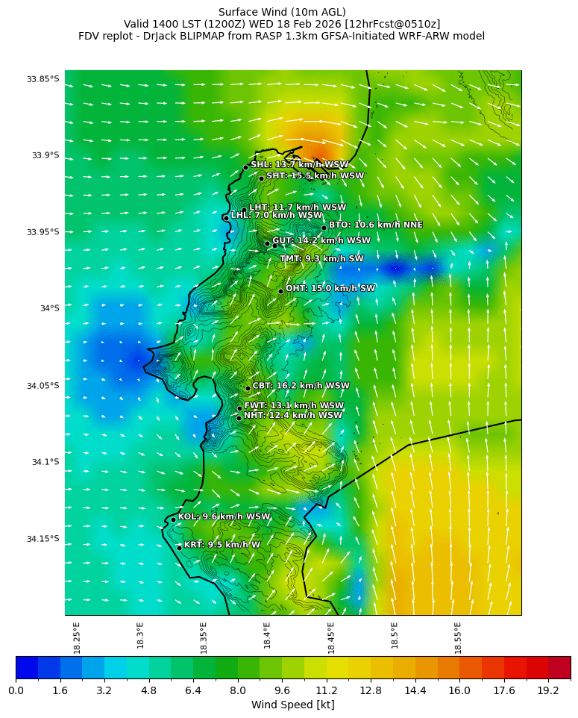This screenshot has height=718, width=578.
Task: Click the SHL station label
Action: tap(299, 165)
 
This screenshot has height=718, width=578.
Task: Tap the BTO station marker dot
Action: tap(324, 228)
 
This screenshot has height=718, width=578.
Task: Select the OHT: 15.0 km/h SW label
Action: tap(330, 289)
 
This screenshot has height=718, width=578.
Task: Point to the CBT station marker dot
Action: tap(248, 388)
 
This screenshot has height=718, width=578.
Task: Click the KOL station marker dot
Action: tap(173, 519)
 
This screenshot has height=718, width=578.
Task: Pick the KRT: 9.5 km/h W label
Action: tap(222, 546)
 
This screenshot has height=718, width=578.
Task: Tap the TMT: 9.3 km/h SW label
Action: tap(321, 259)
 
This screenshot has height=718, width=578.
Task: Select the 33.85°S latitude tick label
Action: tap(43, 79)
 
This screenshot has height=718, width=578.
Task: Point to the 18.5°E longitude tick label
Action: tap(395, 636)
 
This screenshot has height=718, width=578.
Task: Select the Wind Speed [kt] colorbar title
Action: tap(293, 705)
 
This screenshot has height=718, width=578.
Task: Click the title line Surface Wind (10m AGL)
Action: tap(282, 12)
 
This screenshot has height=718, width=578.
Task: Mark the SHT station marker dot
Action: tap(261, 178)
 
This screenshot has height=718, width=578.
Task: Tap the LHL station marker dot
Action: tap(226, 218)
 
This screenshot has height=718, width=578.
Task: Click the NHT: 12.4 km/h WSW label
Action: tap(292, 416)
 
